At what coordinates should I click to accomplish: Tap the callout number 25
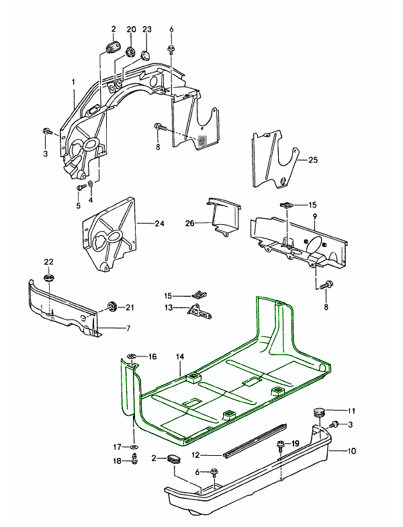pos(313,160)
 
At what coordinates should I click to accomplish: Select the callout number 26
pos(190,224)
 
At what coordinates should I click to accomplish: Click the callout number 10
pos(351,451)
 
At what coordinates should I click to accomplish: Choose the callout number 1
pos(73,82)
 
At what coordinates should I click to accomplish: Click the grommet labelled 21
pos(111,307)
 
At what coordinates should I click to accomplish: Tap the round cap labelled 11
pos(318,412)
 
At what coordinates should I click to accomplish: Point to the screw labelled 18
pos(136,460)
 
